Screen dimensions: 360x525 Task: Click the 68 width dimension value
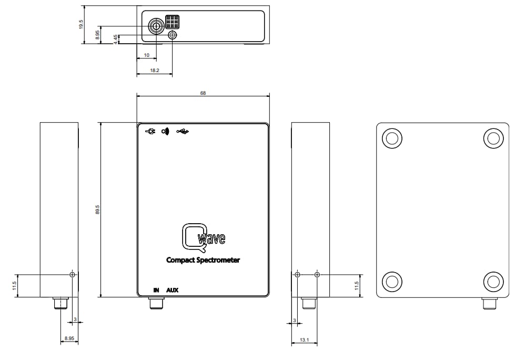tap(203, 93)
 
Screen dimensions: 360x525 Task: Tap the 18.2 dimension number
tap(155, 69)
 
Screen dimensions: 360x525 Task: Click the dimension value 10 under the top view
tap(147, 55)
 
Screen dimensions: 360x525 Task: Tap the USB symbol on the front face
tap(183, 131)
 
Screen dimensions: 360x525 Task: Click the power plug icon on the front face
tap(150, 131)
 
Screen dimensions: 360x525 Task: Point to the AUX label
tap(173, 290)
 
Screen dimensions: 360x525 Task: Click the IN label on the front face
tap(156, 290)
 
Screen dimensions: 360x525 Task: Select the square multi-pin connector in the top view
tap(172, 22)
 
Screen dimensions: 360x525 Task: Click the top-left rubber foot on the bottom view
tap(392, 138)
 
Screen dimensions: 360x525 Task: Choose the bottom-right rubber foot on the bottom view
tap(493, 282)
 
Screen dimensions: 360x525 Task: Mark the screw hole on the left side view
tap(73, 275)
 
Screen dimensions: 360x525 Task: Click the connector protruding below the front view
tap(156, 303)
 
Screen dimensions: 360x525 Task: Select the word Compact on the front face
tap(180, 260)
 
